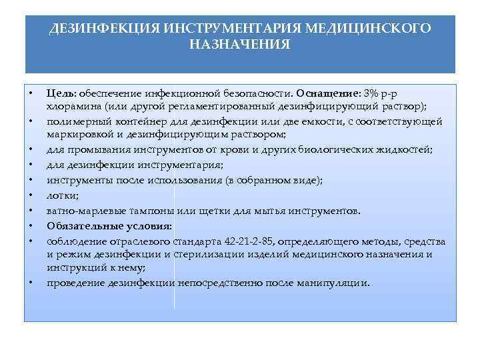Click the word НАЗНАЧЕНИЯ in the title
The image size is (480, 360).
click(x=240, y=45)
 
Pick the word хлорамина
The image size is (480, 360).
click(x=69, y=105)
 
